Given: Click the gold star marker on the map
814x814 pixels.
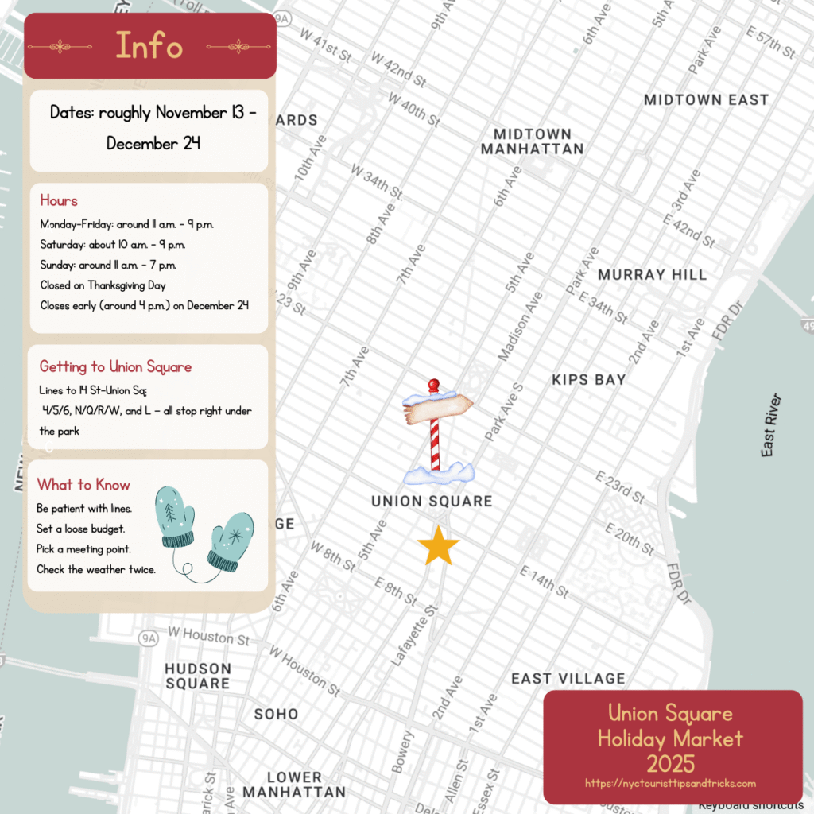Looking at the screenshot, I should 438,547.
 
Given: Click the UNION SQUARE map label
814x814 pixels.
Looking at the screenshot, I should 432,502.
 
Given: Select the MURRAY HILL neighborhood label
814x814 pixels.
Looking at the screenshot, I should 652,274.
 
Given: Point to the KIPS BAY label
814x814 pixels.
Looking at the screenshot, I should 588,380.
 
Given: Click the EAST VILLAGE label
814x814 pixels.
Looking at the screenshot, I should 568,679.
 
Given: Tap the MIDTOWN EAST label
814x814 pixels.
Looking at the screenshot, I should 706,100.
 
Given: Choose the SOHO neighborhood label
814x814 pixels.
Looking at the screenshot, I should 276,714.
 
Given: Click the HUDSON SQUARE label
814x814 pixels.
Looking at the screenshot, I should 198,676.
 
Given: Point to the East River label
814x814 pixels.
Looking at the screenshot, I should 769,425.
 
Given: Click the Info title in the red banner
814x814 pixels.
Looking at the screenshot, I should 149,45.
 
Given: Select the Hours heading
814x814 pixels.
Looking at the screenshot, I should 59,200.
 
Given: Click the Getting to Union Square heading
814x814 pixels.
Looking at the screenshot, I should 115,366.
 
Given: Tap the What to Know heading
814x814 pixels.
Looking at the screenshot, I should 83,485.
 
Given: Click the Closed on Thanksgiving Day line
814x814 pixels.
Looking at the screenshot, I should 103,285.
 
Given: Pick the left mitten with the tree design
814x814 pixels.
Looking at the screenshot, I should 176,517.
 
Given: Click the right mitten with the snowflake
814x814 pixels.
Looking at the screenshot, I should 231,541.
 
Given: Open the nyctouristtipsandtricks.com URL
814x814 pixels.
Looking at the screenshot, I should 670,783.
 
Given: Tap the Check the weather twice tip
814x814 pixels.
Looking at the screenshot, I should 96,569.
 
